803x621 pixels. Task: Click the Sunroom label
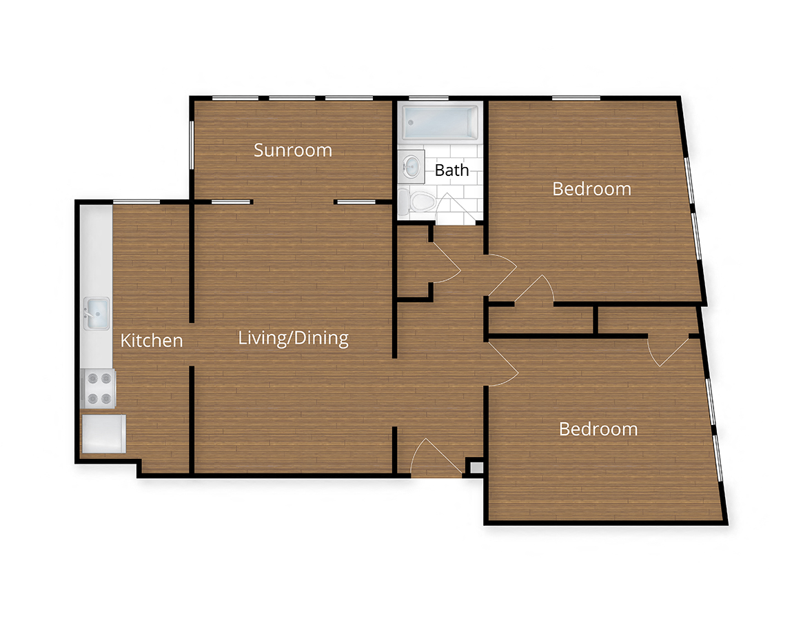pyautogui.click(x=293, y=150)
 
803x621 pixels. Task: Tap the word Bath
pyautogui.click(x=451, y=170)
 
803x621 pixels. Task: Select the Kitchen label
pyautogui.click(x=152, y=340)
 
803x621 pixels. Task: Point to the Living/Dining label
pyautogui.click(x=293, y=338)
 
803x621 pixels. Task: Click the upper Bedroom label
pyautogui.click(x=591, y=188)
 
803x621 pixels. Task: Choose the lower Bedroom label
pyautogui.click(x=598, y=429)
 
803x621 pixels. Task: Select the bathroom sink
pyautogui.click(x=411, y=166)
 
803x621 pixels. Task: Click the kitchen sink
pyautogui.click(x=96, y=314)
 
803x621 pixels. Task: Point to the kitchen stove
pyautogui.click(x=99, y=388)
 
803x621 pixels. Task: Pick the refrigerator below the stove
pyautogui.click(x=103, y=433)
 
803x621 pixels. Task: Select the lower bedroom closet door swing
pyautogui.click(x=669, y=351)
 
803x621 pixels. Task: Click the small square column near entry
pyautogui.click(x=475, y=467)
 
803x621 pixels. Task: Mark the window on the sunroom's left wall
pyautogui.click(x=191, y=143)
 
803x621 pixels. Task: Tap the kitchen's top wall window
pyautogui.click(x=136, y=201)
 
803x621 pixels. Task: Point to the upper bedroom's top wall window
pyautogui.click(x=575, y=98)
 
